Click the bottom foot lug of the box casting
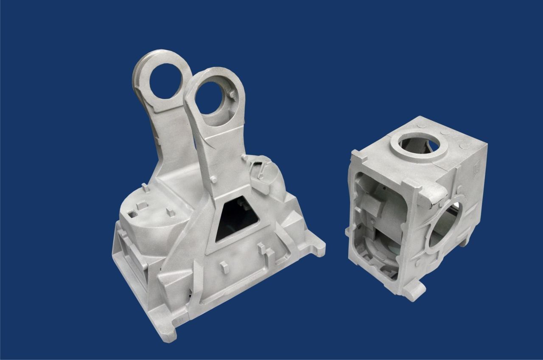414,291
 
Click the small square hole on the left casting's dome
133,214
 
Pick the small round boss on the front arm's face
214,180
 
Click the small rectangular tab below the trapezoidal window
225,267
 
